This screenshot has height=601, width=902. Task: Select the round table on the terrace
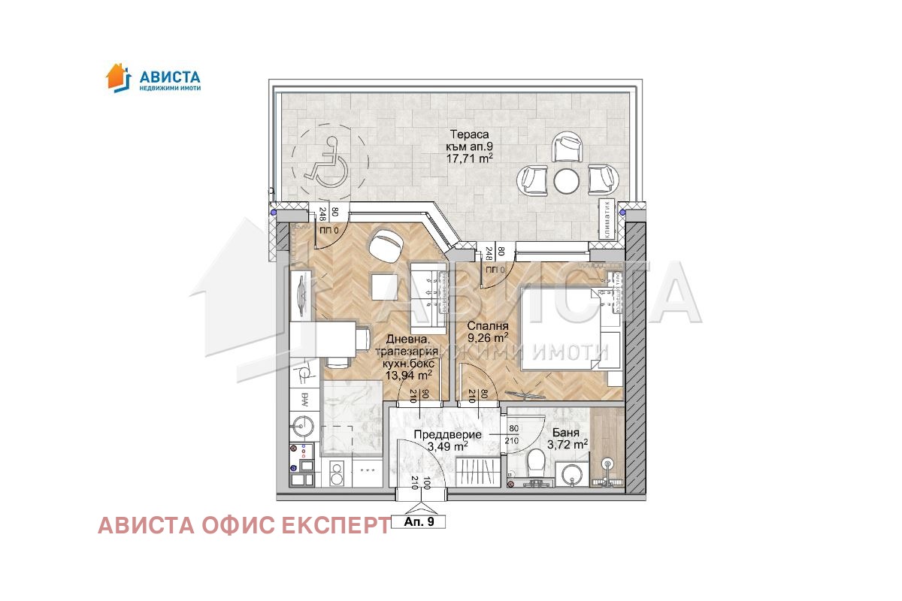click(x=565, y=180)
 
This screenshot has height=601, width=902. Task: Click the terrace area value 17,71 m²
click(x=471, y=159)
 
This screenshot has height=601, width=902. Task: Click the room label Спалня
click(x=488, y=326)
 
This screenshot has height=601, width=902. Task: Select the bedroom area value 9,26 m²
click(x=488, y=338)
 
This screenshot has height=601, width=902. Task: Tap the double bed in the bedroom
click(x=568, y=327)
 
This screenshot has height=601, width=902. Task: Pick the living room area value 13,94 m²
click(x=409, y=374)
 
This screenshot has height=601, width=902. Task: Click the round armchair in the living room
click(x=388, y=244)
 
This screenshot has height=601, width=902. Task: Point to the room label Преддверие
click(x=443, y=433)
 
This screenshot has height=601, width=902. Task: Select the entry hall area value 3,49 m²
click(x=447, y=445)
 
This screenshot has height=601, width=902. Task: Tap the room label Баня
click(x=565, y=433)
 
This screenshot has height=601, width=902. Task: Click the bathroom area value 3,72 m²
click(x=569, y=445)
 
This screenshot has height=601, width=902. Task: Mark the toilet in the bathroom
click(x=537, y=460)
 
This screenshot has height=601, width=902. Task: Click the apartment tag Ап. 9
click(x=419, y=521)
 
